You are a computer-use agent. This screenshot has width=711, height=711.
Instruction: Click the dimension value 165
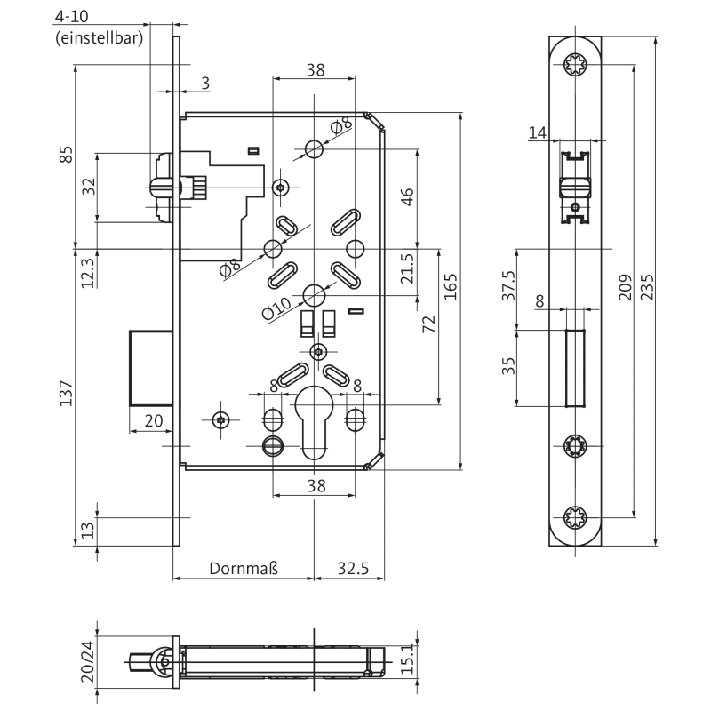(451, 289)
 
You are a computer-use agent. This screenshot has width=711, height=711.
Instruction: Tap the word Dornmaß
(244, 568)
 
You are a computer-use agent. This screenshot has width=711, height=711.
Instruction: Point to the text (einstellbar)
(100, 37)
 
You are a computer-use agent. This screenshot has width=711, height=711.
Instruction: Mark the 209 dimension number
(626, 289)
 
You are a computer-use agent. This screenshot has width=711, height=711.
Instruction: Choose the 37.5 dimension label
(508, 287)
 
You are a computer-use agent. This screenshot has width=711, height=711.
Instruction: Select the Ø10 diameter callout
(276, 308)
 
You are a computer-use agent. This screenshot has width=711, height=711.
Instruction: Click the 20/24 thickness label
(86, 662)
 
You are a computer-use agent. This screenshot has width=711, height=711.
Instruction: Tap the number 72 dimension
(428, 323)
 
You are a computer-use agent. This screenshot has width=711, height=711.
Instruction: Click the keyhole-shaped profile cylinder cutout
(314, 422)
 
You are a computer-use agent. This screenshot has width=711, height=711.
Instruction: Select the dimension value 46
(408, 196)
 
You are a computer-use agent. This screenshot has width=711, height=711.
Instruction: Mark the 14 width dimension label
(537, 132)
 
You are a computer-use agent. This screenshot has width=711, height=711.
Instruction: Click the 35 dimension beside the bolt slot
(508, 365)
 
